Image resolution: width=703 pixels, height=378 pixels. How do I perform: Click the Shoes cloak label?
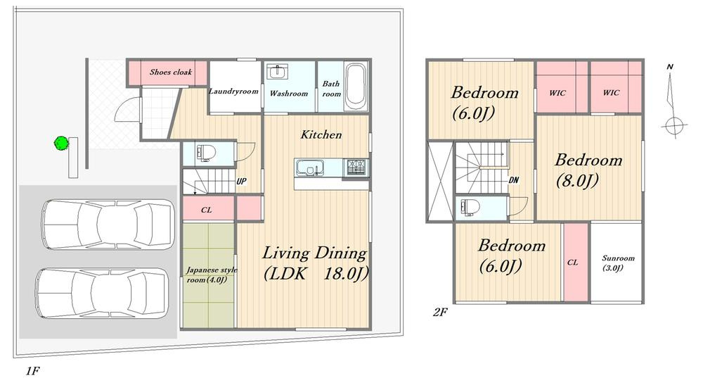[x=170, y=72]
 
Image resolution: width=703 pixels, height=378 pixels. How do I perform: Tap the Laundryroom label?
[x=233, y=91]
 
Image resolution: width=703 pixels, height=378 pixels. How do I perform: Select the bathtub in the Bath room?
[x=356, y=87]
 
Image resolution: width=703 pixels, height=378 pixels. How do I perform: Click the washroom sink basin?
[x=278, y=72]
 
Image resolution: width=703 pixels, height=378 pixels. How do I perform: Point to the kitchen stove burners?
[x=356, y=167]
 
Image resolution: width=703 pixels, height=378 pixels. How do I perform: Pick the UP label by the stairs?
[x=241, y=182]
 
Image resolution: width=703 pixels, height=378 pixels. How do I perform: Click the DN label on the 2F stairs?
[x=514, y=180]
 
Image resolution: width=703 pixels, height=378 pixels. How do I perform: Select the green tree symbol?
[x=61, y=143]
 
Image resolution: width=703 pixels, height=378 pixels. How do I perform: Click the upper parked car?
[x=108, y=225]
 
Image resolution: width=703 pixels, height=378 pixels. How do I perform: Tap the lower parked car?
[x=103, y=294]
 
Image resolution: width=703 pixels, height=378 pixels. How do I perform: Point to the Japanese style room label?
[x=211, y=275]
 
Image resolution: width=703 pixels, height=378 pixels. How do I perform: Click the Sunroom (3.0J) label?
[x=618, y=263]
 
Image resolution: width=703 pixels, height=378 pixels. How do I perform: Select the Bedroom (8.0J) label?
[x=588, y=170]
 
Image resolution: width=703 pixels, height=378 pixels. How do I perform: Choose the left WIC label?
[x=557, y=93]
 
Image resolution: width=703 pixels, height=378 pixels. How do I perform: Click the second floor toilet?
[x=468, y=208]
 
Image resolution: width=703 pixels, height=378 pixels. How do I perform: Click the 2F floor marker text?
[x=440, y=312]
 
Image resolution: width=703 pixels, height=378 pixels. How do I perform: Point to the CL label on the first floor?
[x=206, y=210]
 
